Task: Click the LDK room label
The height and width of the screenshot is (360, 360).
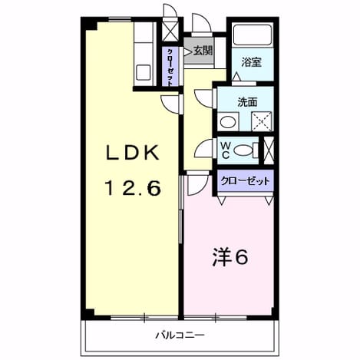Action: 133,153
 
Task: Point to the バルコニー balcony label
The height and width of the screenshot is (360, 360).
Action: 180,335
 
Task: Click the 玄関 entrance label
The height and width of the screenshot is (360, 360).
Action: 203,51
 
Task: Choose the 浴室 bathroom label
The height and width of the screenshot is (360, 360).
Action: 252,62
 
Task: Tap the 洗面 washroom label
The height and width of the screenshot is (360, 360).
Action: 247,102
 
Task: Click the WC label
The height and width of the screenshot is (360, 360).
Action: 226,150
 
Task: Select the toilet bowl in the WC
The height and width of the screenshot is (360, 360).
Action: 243,150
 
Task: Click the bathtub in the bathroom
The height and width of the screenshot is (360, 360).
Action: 253,35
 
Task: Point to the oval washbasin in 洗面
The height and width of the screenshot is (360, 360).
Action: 228,122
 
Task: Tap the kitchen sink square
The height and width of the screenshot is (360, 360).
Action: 143,72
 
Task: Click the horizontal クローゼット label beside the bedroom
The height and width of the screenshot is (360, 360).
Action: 246,181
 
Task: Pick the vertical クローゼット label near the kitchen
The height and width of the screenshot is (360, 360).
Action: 170,68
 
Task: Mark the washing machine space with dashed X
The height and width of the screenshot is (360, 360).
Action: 262,121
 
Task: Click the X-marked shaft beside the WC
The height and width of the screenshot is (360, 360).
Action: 269,150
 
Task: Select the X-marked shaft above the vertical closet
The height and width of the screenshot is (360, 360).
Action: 170,31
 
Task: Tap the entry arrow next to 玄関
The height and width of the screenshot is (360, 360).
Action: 188,52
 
